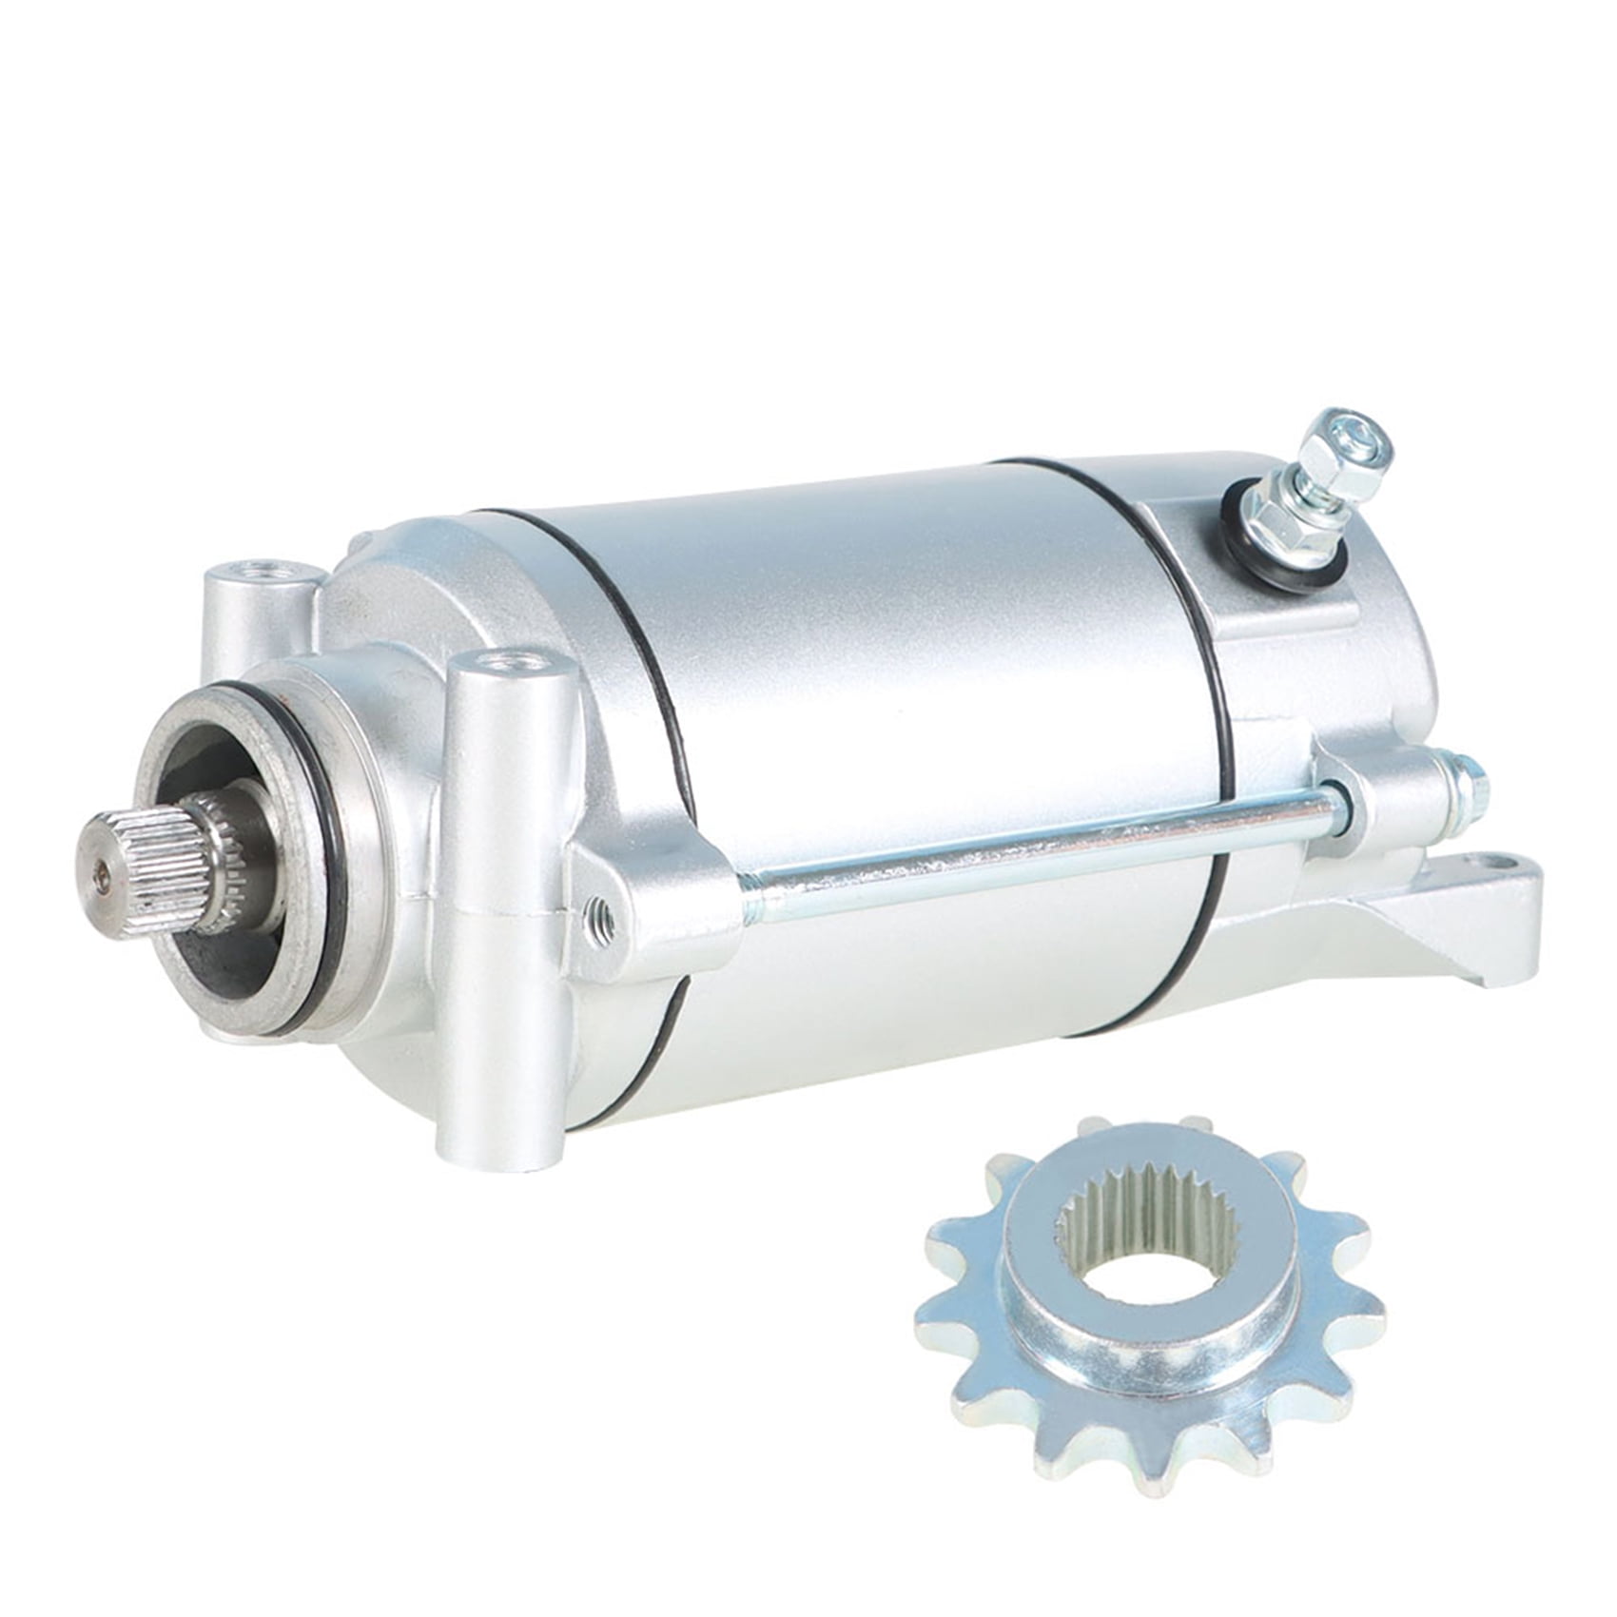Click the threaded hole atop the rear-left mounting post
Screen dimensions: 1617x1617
(x=260, y=572)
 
